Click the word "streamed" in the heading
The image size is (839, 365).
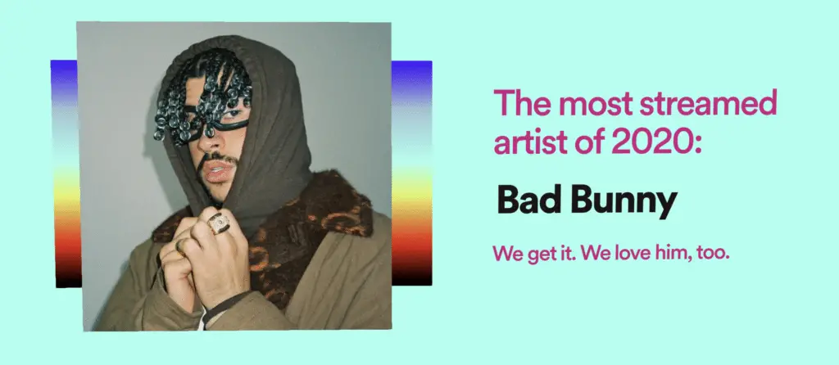709,104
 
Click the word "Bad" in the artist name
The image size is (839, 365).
529,201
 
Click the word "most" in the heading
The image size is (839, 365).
592,105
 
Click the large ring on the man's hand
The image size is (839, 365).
218,223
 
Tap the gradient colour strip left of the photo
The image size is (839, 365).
66,173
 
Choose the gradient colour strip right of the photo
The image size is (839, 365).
411,173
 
